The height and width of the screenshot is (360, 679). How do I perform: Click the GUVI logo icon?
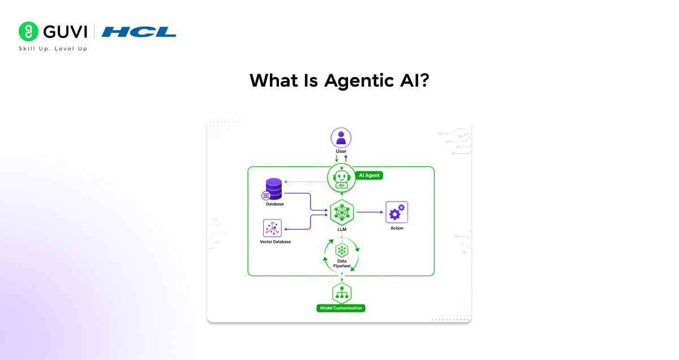(x=28, y=32)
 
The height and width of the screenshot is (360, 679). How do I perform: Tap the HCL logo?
(x=139, y=32)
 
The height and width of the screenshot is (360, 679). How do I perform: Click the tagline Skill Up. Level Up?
(x=53, y=49)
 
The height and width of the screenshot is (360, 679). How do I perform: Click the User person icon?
(x=341, y=138)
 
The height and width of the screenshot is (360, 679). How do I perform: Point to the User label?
(x=341, y=152)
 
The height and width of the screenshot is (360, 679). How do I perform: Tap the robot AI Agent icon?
(x=341, y=178)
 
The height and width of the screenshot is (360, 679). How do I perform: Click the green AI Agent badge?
(x=369, y=175)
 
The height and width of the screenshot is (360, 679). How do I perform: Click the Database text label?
(x=275, y=204)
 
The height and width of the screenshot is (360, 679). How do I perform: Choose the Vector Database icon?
(x=273, y=228)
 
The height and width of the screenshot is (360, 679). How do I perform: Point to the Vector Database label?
(x=275, y=242)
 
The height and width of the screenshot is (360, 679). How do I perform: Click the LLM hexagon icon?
(x=341, y=212)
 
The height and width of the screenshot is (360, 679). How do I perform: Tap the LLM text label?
(x=341, y=230)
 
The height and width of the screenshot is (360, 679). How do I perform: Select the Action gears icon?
(x=397, y=212)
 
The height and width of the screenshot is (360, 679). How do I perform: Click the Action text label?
(x=397, y=228)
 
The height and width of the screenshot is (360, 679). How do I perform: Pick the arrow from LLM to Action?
(x=369, y=212)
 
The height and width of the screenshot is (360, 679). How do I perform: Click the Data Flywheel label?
(x=341, y=263)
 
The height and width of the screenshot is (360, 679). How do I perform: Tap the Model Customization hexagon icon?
(x=341, y=293)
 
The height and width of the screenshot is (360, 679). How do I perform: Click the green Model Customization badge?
(x=341, y=308)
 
